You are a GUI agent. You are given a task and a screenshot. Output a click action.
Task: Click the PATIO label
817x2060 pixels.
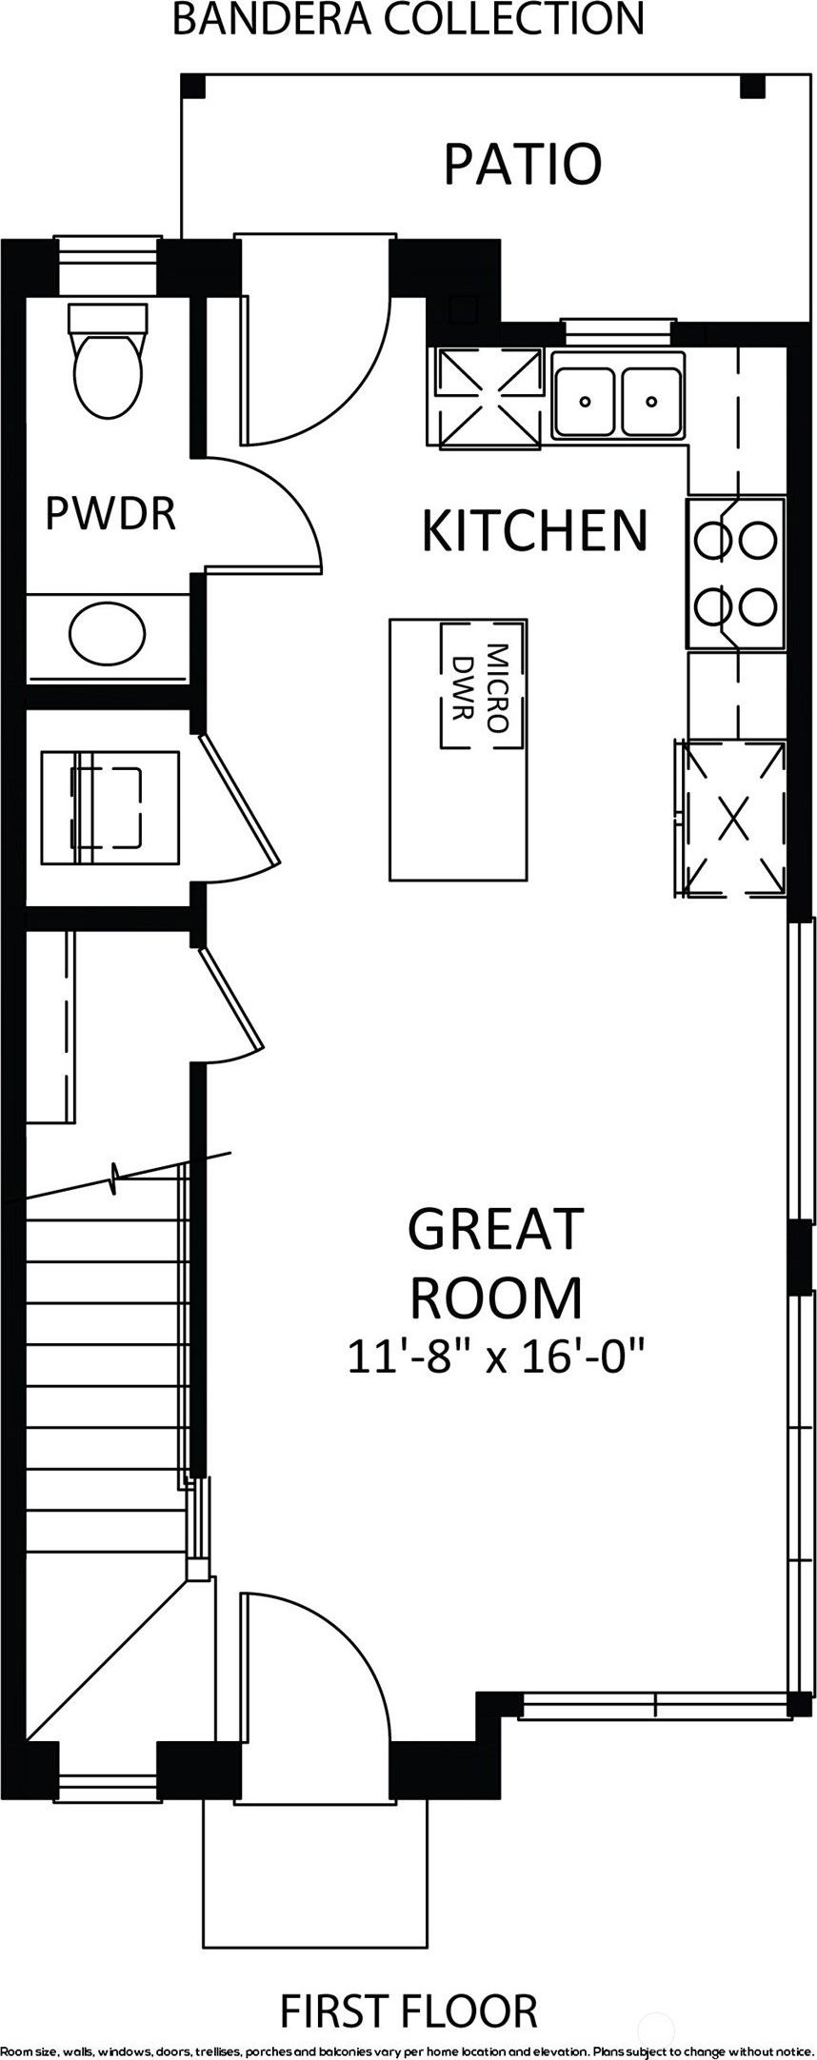point(523,163)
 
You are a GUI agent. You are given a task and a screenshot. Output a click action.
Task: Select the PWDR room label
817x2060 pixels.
point(110,514)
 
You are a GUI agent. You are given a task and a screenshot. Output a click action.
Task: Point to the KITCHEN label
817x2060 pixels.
point(534,529)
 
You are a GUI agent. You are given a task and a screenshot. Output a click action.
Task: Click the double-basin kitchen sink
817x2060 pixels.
point(617,395)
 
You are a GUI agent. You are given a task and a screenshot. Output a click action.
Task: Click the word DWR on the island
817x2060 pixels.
point(464,687)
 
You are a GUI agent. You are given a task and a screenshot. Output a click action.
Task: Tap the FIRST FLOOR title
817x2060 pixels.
point(408,2005)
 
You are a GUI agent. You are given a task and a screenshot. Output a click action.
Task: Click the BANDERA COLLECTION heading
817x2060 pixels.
point(408,18)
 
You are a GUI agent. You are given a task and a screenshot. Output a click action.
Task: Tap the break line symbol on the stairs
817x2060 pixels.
point(116,1179)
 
